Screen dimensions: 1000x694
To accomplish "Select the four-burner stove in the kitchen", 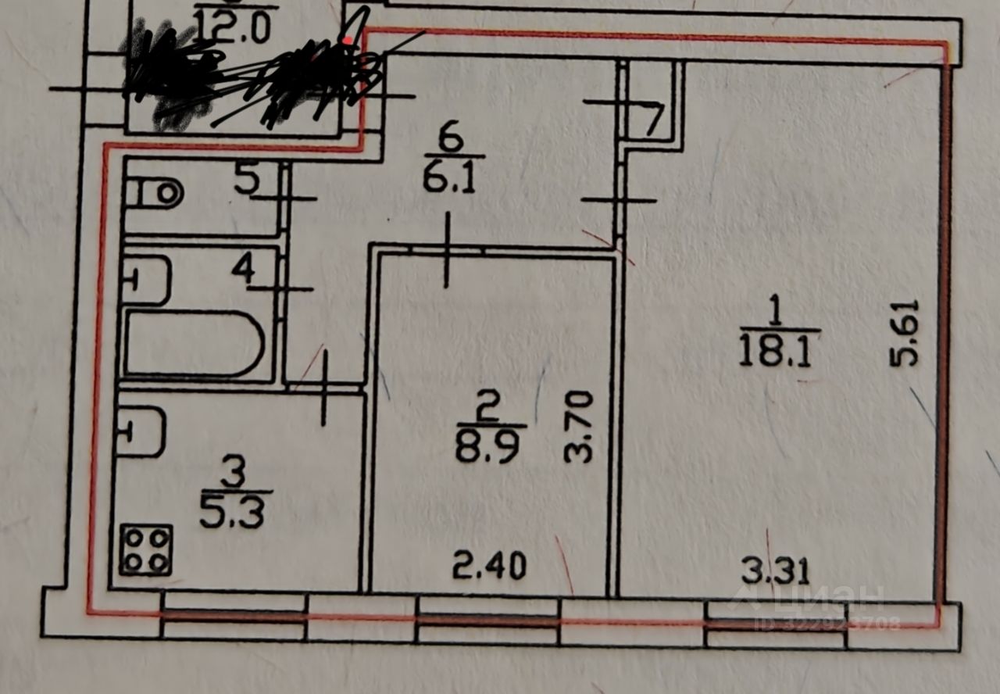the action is (x=146, y=549).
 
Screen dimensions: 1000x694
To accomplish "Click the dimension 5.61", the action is (x=905, y=334).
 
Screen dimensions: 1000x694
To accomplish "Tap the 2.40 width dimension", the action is (x=490, y=565).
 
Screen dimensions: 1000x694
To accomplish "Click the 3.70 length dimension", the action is (x=582, y=427).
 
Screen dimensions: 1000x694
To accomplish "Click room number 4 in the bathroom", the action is (x=243, y=270).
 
